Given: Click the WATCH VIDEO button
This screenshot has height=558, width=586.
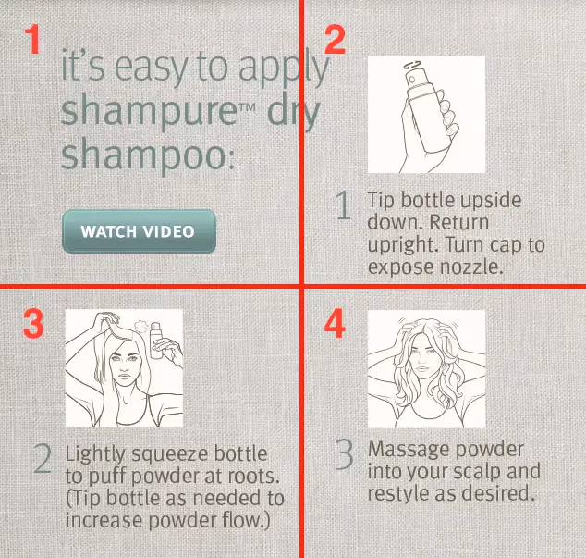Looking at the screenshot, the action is (139, 231).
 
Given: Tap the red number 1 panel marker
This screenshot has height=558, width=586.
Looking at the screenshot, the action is (32, 39).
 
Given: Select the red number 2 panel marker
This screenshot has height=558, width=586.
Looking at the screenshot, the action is (335, 40).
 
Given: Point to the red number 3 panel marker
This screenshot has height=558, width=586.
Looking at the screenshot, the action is (33, 324).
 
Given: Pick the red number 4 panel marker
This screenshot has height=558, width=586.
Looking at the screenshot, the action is (335, 323).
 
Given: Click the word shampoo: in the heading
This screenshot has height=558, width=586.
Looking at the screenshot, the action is (148, 155).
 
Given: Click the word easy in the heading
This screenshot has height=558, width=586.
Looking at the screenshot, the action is (151, 68).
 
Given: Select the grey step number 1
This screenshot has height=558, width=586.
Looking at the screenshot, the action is (343, 205).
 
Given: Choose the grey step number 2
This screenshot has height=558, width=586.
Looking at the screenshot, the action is (42, 459).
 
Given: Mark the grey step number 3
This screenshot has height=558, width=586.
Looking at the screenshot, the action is (344, 454).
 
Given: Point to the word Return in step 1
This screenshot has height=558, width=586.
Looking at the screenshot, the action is (459, 222).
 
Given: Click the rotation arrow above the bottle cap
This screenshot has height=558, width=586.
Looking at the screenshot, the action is (413, 65).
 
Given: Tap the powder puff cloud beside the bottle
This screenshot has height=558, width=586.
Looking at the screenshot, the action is (141, 327).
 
